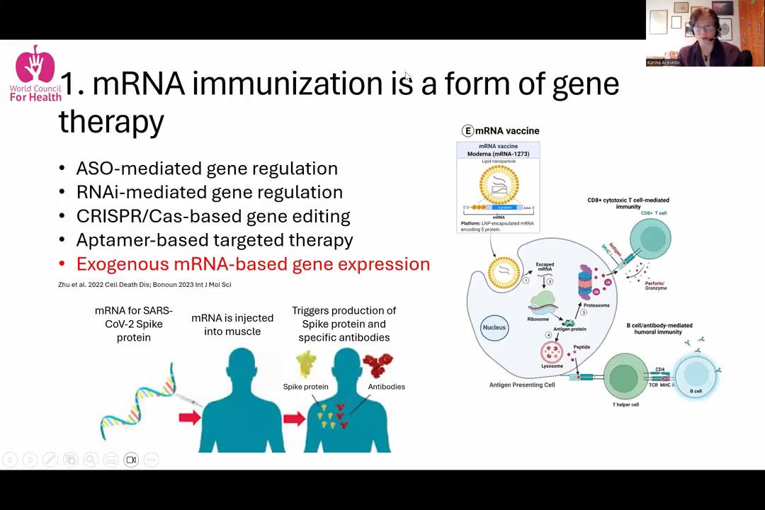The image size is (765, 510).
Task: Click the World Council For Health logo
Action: click(35, 74)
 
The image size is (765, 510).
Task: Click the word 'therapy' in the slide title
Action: click(111, 121)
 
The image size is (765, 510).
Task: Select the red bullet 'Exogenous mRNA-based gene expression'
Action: click(253, 264)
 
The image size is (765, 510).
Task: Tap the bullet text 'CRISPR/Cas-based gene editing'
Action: click(212, 216)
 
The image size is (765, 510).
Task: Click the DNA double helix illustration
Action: click(138, 402)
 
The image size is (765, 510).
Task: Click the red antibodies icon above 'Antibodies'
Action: click(378, 365)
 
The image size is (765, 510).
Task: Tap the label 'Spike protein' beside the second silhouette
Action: click(305, 387)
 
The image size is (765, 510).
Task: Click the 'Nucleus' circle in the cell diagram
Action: click(494, 328)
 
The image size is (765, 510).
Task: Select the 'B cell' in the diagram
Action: click(696, 375)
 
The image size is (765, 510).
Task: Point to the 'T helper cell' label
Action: click(625, 404)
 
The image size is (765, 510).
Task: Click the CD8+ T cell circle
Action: click(650, 239)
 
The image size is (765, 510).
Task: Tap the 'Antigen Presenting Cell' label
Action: click(522, 385)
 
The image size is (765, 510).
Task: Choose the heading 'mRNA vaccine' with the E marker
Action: click(501, 131)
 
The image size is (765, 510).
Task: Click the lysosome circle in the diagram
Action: click(552, 352)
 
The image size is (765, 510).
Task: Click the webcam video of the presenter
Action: click(705, 33)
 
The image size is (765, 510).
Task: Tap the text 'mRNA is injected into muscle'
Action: click(232, 325)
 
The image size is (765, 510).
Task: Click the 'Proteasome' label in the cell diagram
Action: click(596, 305)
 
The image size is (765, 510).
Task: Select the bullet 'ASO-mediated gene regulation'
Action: click(207, 169)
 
